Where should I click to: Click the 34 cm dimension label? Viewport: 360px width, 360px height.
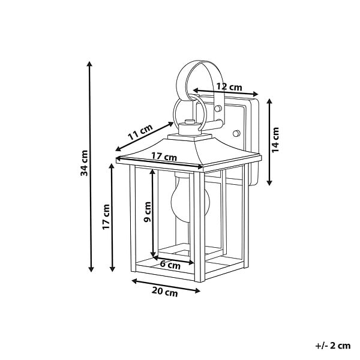tap(84, 163)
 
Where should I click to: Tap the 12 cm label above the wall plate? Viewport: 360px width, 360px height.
tap(229, 87)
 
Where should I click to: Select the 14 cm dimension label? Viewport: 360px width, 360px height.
tap(275, 140)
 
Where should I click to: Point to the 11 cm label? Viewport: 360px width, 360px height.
tap(140, 132)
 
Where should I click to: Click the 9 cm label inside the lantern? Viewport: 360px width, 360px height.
tap(147, 212)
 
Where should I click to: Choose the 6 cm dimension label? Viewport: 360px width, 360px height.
tap(170, 265)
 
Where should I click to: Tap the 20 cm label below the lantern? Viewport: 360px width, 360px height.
tap(164, 292)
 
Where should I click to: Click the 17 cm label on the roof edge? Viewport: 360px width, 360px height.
tap(164, 157)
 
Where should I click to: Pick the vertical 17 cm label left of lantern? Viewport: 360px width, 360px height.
tap(106, 217)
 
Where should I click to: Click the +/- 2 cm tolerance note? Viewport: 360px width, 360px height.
tap(333, 346)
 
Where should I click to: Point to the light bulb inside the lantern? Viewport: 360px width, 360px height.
tap(190, 197)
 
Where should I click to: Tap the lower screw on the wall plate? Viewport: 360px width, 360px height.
tap(236, 133)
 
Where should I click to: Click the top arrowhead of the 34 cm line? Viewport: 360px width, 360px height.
tap(89, 64)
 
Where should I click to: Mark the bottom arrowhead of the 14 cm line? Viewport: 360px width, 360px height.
tap(269, 183)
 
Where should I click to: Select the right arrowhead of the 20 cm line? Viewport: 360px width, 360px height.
tap(197, 291)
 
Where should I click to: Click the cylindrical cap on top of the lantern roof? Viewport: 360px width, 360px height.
tap(190, 127)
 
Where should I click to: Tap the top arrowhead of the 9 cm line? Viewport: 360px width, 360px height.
tap(152, 172)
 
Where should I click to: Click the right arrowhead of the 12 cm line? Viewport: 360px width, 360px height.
tap(256, 94)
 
